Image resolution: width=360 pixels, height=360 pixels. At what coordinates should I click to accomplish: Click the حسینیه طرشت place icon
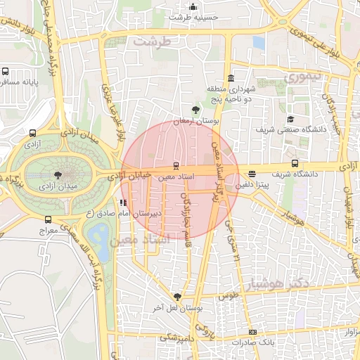pos(172,6)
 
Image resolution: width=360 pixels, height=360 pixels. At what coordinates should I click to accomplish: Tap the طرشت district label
pos(153,42)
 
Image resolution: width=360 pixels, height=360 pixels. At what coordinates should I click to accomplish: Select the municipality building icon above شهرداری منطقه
pos(231,78)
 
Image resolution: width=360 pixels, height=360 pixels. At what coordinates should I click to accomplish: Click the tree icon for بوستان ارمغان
pos(195,110)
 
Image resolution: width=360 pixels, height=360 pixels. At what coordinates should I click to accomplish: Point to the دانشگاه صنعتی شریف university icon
pos(291,120)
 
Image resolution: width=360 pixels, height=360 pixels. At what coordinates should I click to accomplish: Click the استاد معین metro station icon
pos(176,167)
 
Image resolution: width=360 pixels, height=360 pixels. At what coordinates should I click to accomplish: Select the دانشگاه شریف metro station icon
pos(285,163)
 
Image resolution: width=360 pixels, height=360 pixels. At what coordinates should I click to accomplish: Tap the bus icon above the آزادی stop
pos(32,133)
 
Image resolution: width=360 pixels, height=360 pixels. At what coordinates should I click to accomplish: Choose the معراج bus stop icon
pos(48,219)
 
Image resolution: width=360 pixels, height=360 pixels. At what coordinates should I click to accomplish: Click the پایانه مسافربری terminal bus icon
pos(5,72)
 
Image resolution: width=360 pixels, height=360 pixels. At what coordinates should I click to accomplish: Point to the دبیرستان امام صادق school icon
pos(124,202)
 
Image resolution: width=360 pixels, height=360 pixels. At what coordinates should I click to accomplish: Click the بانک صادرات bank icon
pos(252,332)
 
